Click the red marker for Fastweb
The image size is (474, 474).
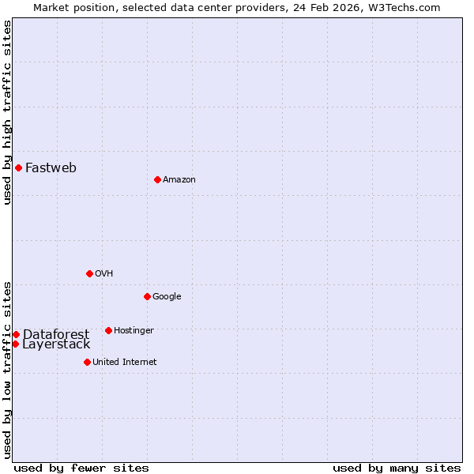click(18, 167)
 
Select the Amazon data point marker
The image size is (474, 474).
click(157, 179)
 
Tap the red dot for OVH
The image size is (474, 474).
click(89, 273)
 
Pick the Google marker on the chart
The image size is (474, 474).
click(147, 296)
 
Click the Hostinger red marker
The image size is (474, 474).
click(108, 330)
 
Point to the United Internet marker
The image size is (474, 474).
click(87, 362)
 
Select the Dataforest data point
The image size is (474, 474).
click(16, 334)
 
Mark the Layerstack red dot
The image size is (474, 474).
click(15, 344)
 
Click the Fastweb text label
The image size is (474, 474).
click(51, 167)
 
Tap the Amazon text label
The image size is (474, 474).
click(179, 180)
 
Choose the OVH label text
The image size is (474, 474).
click(104, 274)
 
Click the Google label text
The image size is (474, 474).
click(167, 297)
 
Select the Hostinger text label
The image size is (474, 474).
click(134, 331)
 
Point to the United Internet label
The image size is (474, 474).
click(124, 363)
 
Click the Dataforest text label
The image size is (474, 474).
click(55, 334)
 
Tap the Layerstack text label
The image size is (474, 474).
click(56, 344)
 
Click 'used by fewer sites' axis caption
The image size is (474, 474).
click(81, 468)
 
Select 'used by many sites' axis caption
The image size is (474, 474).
click(397, 468)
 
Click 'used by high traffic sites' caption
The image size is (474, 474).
click(7, 113)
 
